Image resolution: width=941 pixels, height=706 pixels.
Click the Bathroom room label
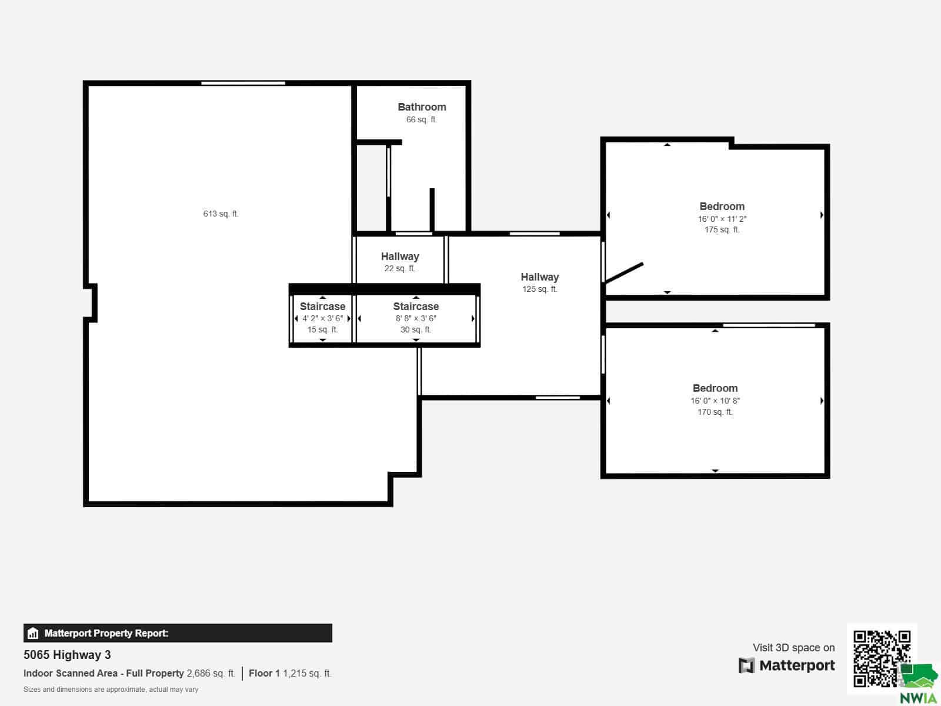coord(422,106)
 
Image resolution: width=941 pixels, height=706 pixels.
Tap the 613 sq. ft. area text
coord(221,214)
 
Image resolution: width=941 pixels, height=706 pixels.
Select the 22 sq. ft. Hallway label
coord(400,257)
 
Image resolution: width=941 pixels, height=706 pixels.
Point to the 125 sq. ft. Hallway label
coord(540,277)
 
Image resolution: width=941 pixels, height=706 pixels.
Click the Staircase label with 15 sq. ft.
coord(322,307)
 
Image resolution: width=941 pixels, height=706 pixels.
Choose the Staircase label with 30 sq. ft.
coord(416,307)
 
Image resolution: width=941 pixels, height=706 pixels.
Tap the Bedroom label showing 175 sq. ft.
coord(722,206)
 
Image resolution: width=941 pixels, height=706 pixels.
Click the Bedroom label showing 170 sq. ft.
coord(715,388)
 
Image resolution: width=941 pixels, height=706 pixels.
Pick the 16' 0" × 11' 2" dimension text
coord(722,219)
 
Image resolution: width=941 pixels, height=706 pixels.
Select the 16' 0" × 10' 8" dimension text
coord(715,401)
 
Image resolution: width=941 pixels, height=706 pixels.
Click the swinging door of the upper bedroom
coord(624,273)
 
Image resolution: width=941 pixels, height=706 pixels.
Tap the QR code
coord(882,658)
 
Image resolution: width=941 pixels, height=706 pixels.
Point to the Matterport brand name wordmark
coord(797,665)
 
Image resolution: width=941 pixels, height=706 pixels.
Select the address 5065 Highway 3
coord(67,655)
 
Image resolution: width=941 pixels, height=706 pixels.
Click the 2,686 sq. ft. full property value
coord(211,674)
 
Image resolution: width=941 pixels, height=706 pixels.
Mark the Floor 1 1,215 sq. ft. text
coord(290,674)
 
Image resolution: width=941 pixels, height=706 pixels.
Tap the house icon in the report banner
coord(33,633)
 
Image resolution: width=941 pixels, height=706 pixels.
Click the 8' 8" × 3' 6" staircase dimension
coord(416,318)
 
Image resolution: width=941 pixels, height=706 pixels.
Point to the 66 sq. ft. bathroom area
coord(422,119)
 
